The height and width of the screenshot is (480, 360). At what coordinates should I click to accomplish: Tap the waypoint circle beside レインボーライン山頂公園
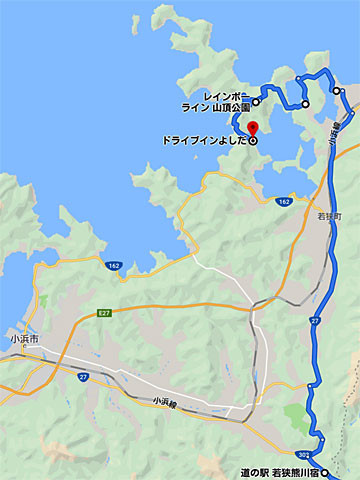coord(256,102)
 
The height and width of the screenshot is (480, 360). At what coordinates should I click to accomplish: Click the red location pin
coord(252,129)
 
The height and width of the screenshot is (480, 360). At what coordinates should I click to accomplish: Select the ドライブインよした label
coord(203,141)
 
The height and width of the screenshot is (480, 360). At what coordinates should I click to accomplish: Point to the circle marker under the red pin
coord(252,141)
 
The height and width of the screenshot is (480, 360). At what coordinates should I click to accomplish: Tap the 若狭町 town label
coord(329,216)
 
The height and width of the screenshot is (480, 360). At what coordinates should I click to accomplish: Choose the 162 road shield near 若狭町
coord(285,202)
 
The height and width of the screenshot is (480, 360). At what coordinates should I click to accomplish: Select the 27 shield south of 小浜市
coord(84,377)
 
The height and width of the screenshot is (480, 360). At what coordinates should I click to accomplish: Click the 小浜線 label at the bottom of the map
coord(168,401)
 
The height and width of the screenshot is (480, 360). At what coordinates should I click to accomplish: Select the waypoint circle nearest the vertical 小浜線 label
coord(337,91)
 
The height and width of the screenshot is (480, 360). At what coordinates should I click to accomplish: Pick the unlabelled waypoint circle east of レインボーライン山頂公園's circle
coord(305,104)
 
